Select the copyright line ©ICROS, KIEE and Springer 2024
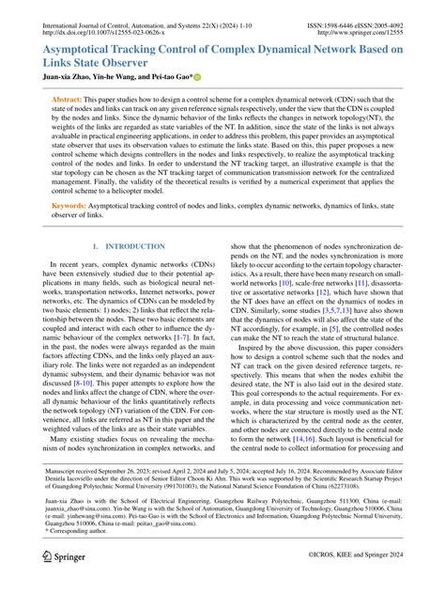point(357,583)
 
